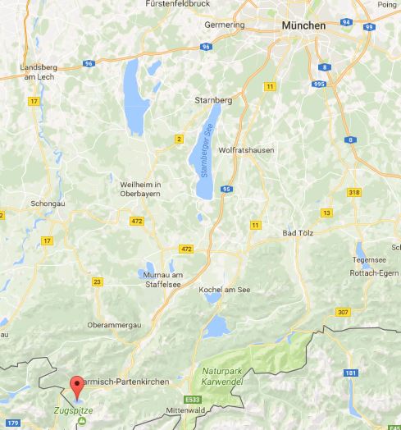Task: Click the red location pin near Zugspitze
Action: point(77,384)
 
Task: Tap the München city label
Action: point(303,25)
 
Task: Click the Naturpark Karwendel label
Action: point(226,377)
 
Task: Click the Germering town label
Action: point(222,27)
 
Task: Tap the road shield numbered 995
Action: point(319,84)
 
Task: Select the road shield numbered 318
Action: point(354,192)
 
